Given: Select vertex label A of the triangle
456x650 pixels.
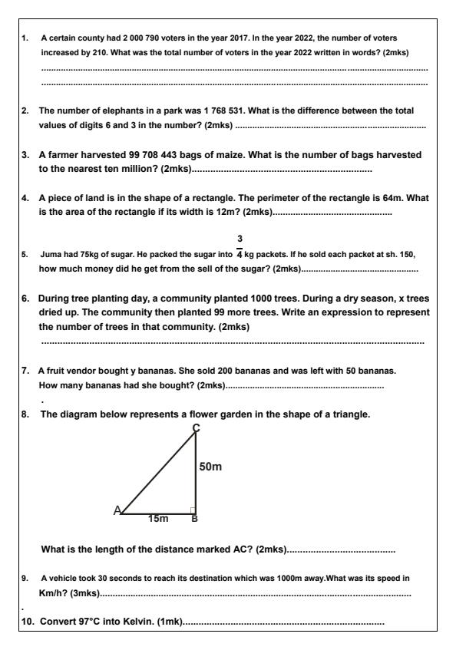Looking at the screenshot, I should pos(117,510).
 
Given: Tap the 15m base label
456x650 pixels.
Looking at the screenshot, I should pos(158,520).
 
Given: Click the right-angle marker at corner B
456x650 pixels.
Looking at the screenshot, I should pos(193,510).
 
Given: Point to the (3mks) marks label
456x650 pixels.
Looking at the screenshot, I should pos(84,593).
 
